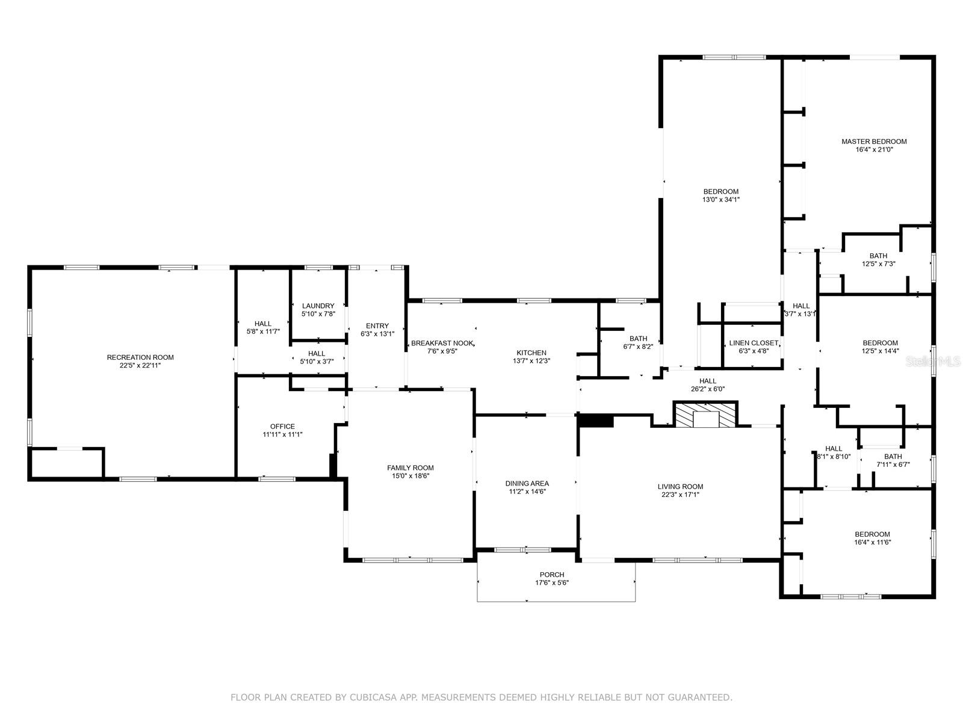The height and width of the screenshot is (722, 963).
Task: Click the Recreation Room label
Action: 140,357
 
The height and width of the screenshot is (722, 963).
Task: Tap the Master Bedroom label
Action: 874,141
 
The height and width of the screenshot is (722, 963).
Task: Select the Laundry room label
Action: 318,306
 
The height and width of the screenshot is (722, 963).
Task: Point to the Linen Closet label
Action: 754,343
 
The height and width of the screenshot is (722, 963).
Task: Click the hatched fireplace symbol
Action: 705,415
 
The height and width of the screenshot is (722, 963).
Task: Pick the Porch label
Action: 552,575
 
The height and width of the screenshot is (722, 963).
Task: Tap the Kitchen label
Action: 531,353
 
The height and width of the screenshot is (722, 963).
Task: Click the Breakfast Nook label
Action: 442,343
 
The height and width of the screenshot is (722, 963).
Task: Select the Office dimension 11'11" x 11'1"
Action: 282,434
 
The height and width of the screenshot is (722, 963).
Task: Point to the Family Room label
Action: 410,467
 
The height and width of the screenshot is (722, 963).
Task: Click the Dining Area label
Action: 527,484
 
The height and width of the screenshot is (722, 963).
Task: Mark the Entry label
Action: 377,326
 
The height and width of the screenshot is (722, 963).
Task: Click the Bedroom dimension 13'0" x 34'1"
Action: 721,200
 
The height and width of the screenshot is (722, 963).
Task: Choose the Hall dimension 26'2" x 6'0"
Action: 708,389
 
